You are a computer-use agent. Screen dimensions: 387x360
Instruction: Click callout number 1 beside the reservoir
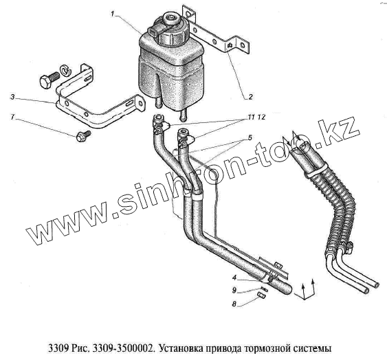pos(113,14)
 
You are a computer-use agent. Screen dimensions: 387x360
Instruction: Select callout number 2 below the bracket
pos(250,97)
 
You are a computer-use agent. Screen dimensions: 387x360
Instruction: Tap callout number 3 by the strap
pos(12,97)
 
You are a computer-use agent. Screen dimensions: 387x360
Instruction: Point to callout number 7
pos(12,117)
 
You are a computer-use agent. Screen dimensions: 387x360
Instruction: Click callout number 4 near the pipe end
pos(234,278)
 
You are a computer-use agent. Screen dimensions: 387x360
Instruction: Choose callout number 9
pos(234,291)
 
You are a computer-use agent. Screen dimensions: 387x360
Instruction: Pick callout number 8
pos(234,304)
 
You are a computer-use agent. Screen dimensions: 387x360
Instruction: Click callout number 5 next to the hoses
pos(250,137)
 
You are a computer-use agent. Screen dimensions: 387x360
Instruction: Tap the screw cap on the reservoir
pos(172,31)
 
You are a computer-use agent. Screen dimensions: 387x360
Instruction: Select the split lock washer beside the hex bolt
pos(66,70)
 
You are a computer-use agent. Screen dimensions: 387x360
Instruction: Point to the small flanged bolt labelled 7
pos(83,136)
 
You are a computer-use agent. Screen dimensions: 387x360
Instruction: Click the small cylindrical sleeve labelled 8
pos(262,295)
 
